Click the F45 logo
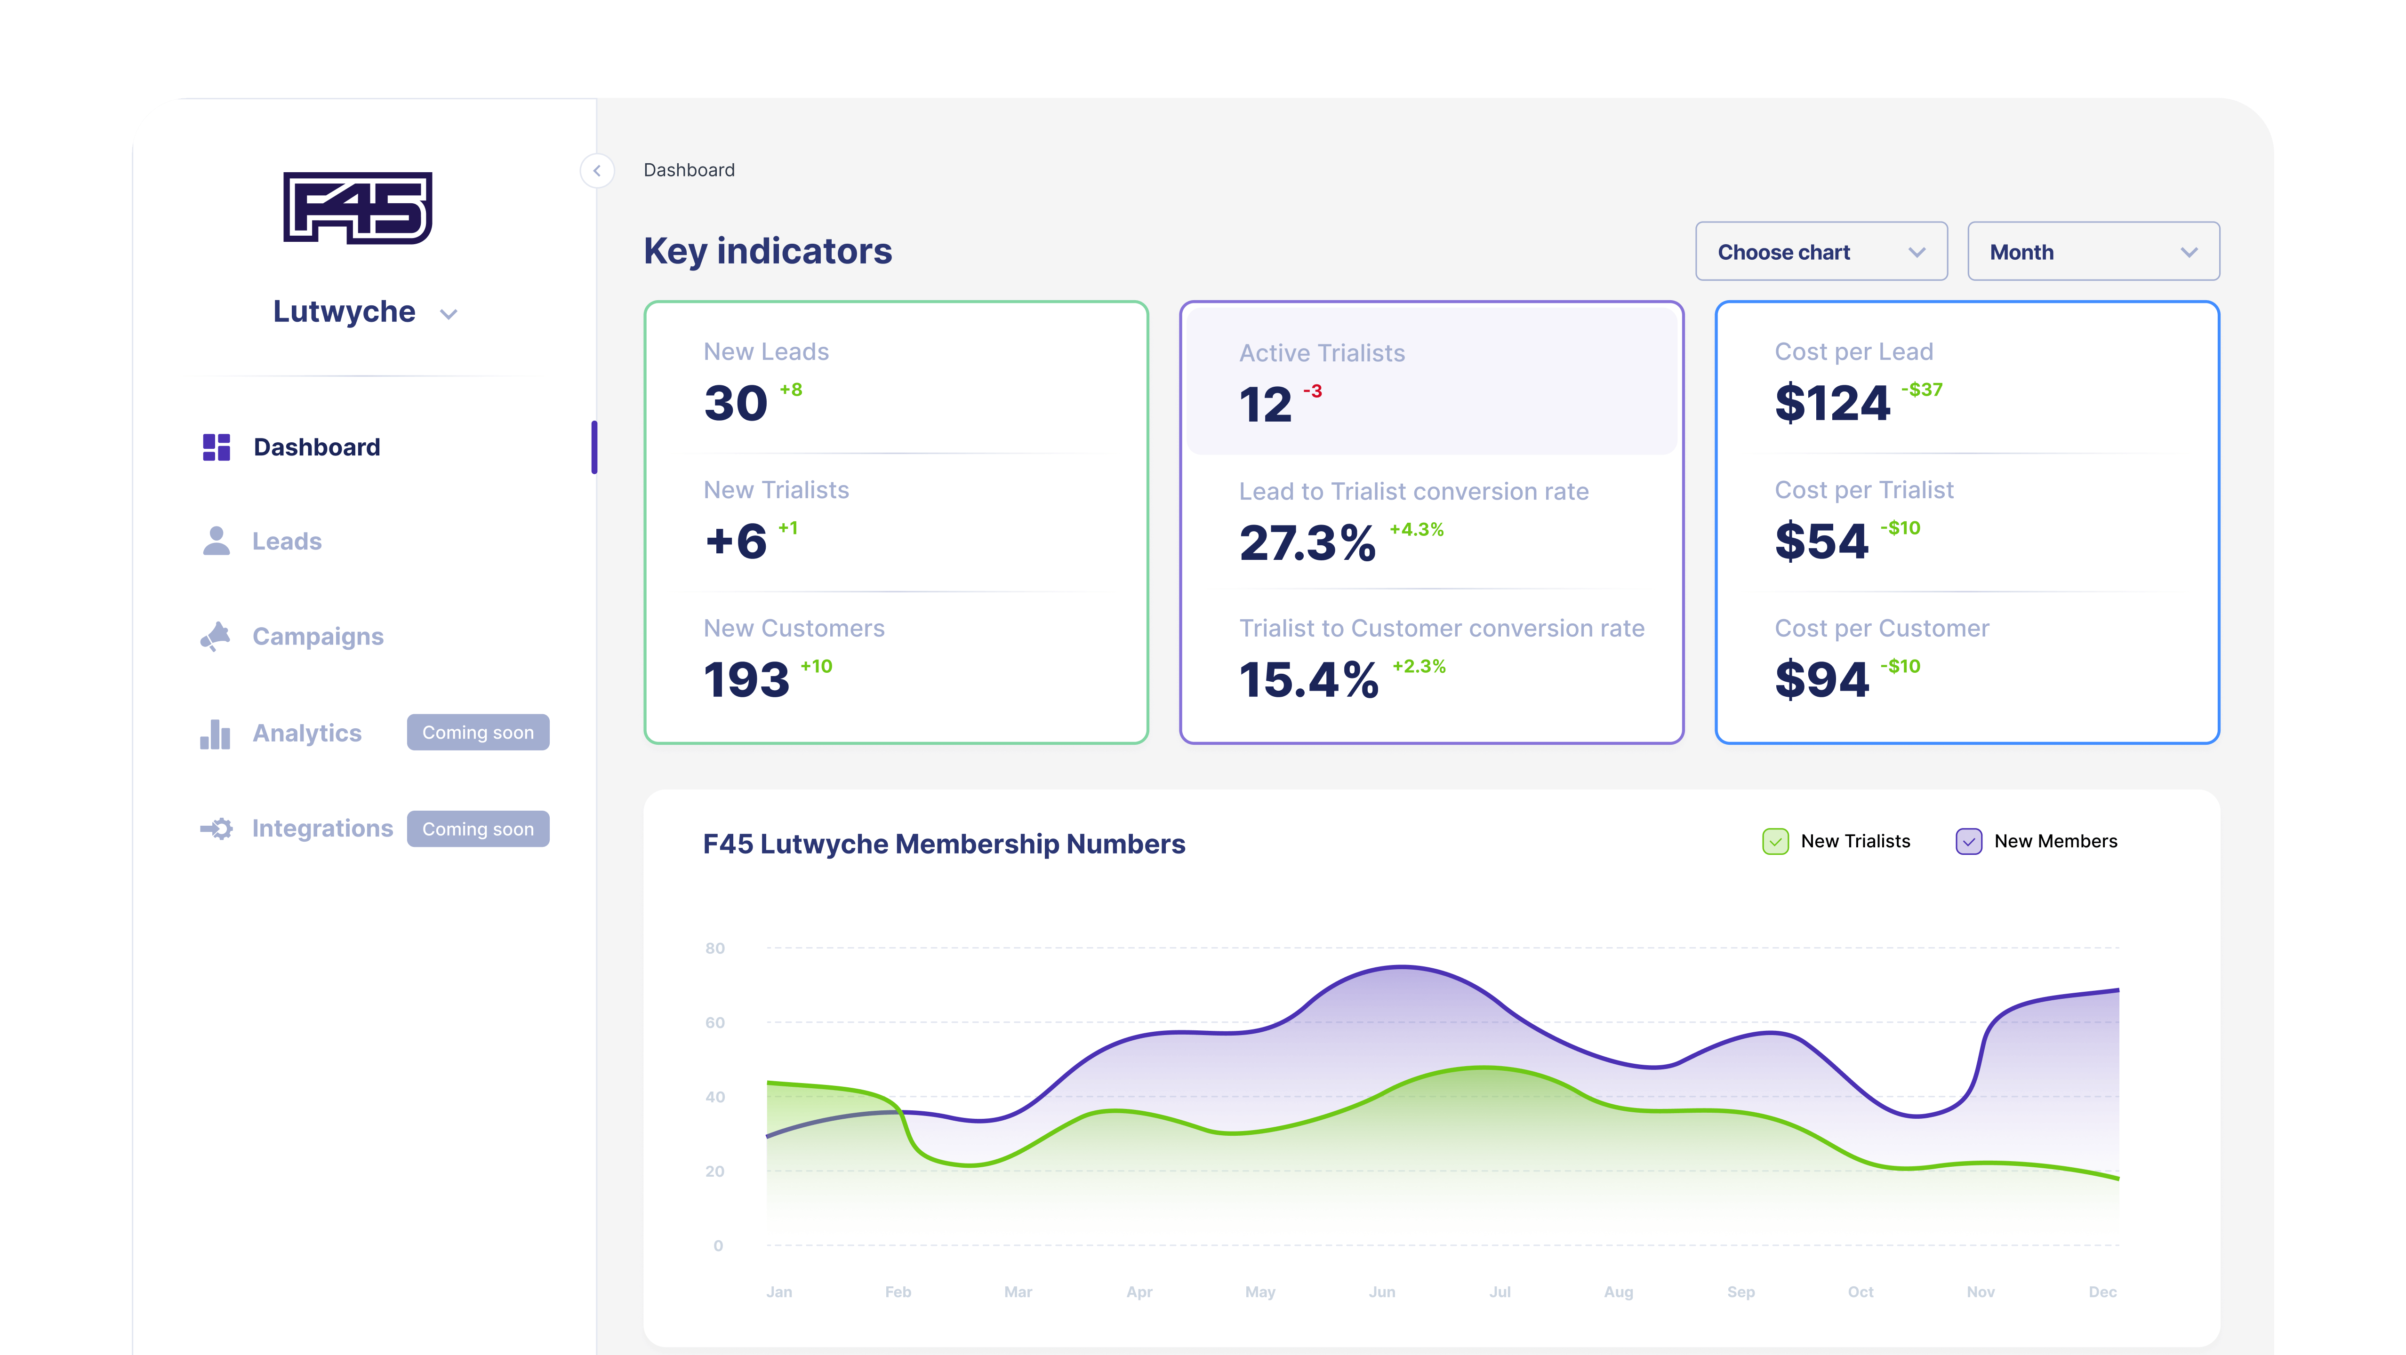[x=358, y=207]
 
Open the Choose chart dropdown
[x=1821, y=252]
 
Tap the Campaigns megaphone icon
[x=216, y=636]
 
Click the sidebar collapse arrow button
[x=597, y=171]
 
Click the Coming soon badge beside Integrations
[x=477, y=829]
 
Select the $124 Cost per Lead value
[x=1832, y=403]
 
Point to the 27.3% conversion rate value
[x=1307, y=542]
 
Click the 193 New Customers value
[x=746, y=680]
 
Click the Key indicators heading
[x=768, y=251]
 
